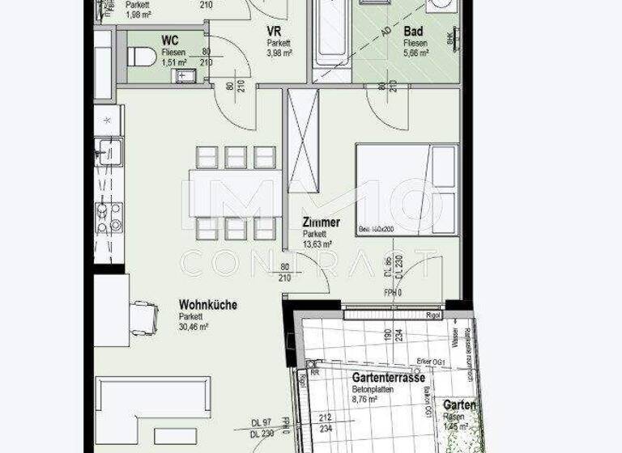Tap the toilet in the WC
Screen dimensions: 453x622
point(142,57)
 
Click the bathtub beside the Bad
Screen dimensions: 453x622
point(333,36)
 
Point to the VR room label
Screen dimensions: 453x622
point(275,32)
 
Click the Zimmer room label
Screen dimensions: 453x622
point(321,222)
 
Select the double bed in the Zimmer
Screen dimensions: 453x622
point(407,189)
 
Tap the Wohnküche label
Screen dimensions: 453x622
point(207,305)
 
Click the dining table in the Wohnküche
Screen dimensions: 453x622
point(236,193)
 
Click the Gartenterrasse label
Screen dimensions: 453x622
point(389,377)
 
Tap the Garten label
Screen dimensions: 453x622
point(459,404)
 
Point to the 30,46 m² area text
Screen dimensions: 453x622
point(194,327)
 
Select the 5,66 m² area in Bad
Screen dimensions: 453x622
point(416,53)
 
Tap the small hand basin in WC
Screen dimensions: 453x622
point(184,76)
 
